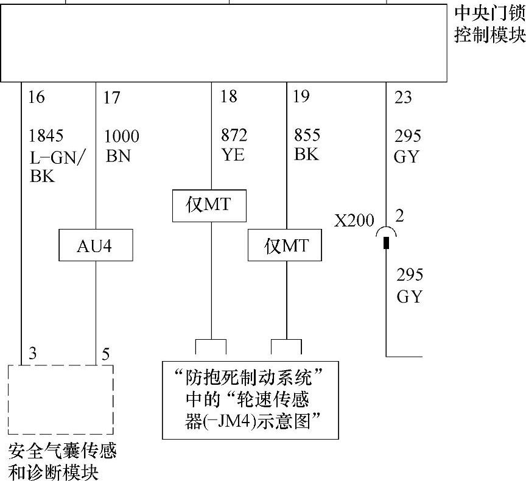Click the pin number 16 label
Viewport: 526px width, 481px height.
coord(37,97)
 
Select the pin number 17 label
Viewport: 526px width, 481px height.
coord(111,97)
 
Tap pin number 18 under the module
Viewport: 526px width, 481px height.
coord(229,96)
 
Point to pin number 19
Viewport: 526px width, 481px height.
coord(301,96)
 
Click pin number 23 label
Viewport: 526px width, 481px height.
coord(403,97)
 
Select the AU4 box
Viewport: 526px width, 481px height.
coord(96,246)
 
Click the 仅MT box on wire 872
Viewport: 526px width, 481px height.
coord(209,205)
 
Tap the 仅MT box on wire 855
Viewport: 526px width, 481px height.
coord(285,246)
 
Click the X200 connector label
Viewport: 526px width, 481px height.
coord(354,220)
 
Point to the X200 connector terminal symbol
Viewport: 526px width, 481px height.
coord(386,238)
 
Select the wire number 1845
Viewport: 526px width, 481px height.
coord(46,135)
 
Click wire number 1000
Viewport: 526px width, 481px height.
coord(122,136)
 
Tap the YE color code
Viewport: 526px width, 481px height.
coord(233,155)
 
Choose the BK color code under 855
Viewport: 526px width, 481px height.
coord(306,154)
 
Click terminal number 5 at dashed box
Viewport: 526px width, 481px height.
coord(106,354)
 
